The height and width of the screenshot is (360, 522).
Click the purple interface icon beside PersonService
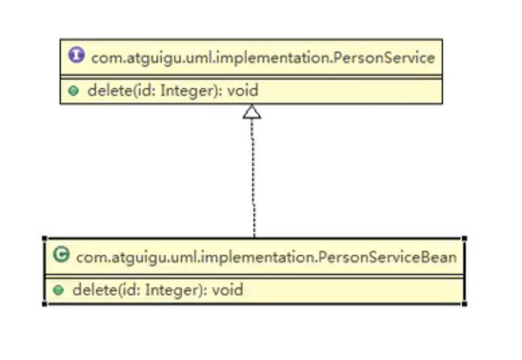[76, 55]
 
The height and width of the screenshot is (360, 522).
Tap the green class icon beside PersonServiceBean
[61, 255]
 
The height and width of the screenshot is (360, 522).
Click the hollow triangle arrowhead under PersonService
[252, 111]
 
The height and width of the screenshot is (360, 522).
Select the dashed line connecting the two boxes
[253, 178]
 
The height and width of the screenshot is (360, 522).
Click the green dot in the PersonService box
[74, 91]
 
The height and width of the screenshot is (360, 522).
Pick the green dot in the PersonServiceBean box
[58, 290]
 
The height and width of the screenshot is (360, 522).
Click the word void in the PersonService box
[243, 91]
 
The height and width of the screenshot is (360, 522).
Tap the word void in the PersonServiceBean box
[228, 290]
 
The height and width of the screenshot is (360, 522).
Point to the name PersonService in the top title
[384, 58]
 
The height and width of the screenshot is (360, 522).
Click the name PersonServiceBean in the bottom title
[387, 258]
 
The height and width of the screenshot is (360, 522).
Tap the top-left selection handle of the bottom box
[45, 238]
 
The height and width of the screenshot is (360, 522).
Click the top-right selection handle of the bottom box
[465, 238]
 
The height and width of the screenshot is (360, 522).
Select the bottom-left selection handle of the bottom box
[45, 303]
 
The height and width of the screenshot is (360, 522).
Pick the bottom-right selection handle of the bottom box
[465, 303]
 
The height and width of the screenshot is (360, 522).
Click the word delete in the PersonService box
[109, 91]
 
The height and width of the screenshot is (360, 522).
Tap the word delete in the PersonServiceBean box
[95, 290]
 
